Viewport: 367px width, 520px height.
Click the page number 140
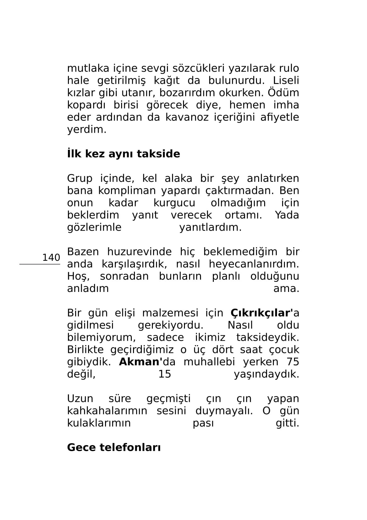tap(51, 258)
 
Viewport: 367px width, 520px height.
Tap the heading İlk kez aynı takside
tap(124, 154)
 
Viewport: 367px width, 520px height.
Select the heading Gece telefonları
tap(114, 447)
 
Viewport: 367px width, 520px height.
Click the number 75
tap(293, 362)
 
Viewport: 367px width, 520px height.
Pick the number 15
tap(164, 374)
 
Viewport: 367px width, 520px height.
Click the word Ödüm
tap(286, 93)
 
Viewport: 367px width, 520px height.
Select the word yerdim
tap(87, 130)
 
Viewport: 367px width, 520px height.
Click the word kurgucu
tap(174, 203)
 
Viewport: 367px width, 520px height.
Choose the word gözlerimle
tap(94, 227)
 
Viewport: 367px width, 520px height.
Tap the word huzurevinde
tap(139, 252)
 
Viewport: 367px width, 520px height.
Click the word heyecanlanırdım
tap(254, 264)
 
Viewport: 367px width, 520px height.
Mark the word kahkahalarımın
tap(107, 411)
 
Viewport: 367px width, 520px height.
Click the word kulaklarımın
tap(99, 423)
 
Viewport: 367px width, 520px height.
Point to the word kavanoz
tap(185, 117)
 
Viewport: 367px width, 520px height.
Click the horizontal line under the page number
tap(40, 264)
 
